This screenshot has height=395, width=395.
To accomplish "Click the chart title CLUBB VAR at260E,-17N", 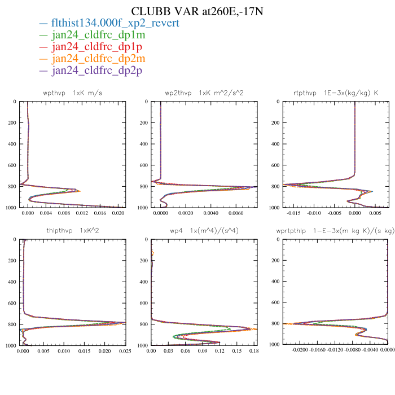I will [197, 11].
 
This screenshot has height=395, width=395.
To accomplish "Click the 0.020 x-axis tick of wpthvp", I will [118, 214].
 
